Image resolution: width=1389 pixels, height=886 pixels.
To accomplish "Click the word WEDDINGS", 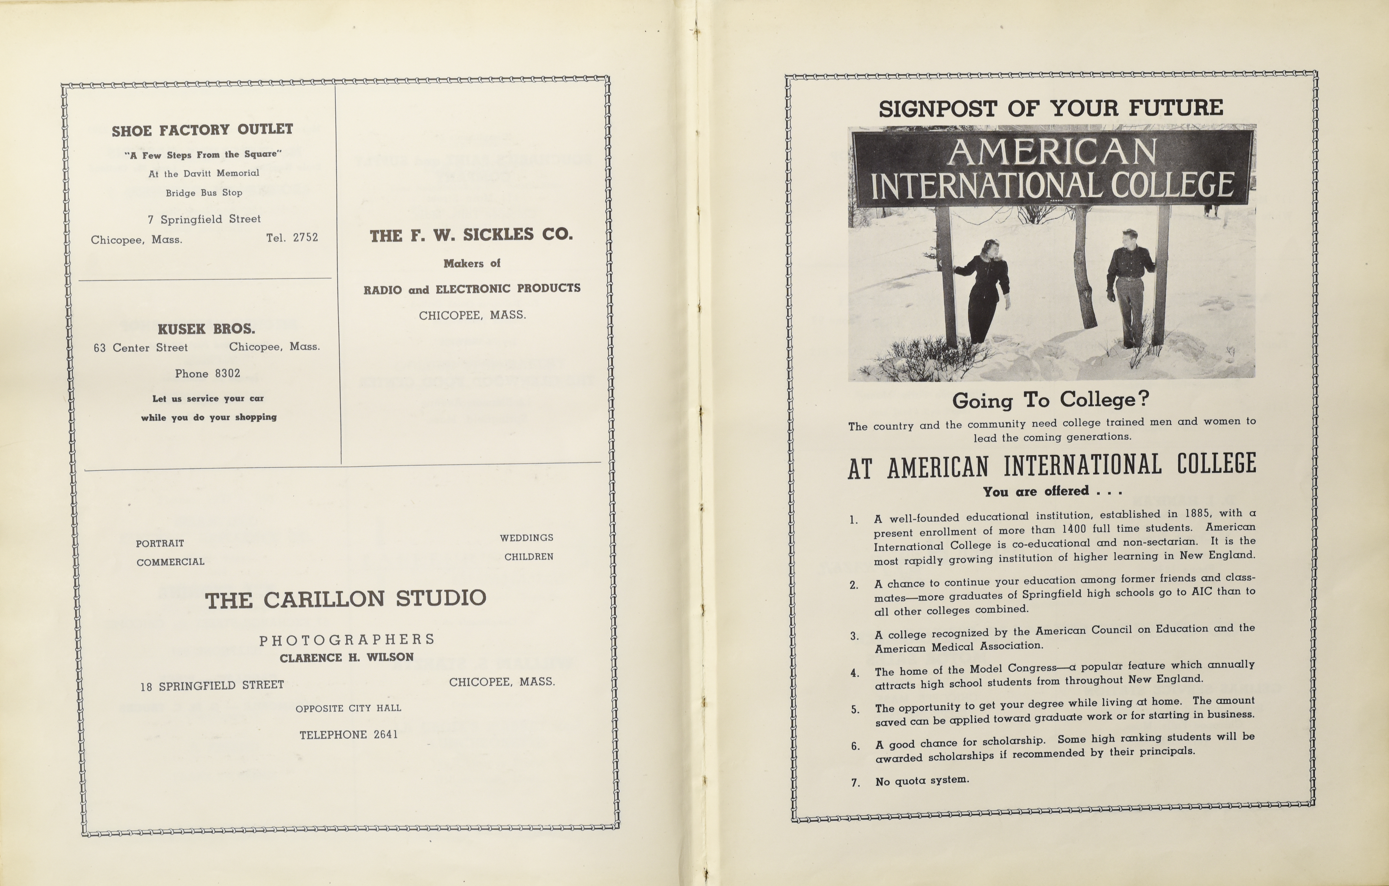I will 526,538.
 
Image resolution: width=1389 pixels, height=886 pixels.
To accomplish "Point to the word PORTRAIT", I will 160,543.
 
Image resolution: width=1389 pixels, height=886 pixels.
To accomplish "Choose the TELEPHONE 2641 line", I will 348,735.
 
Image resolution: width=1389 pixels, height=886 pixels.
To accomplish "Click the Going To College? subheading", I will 1051,400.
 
